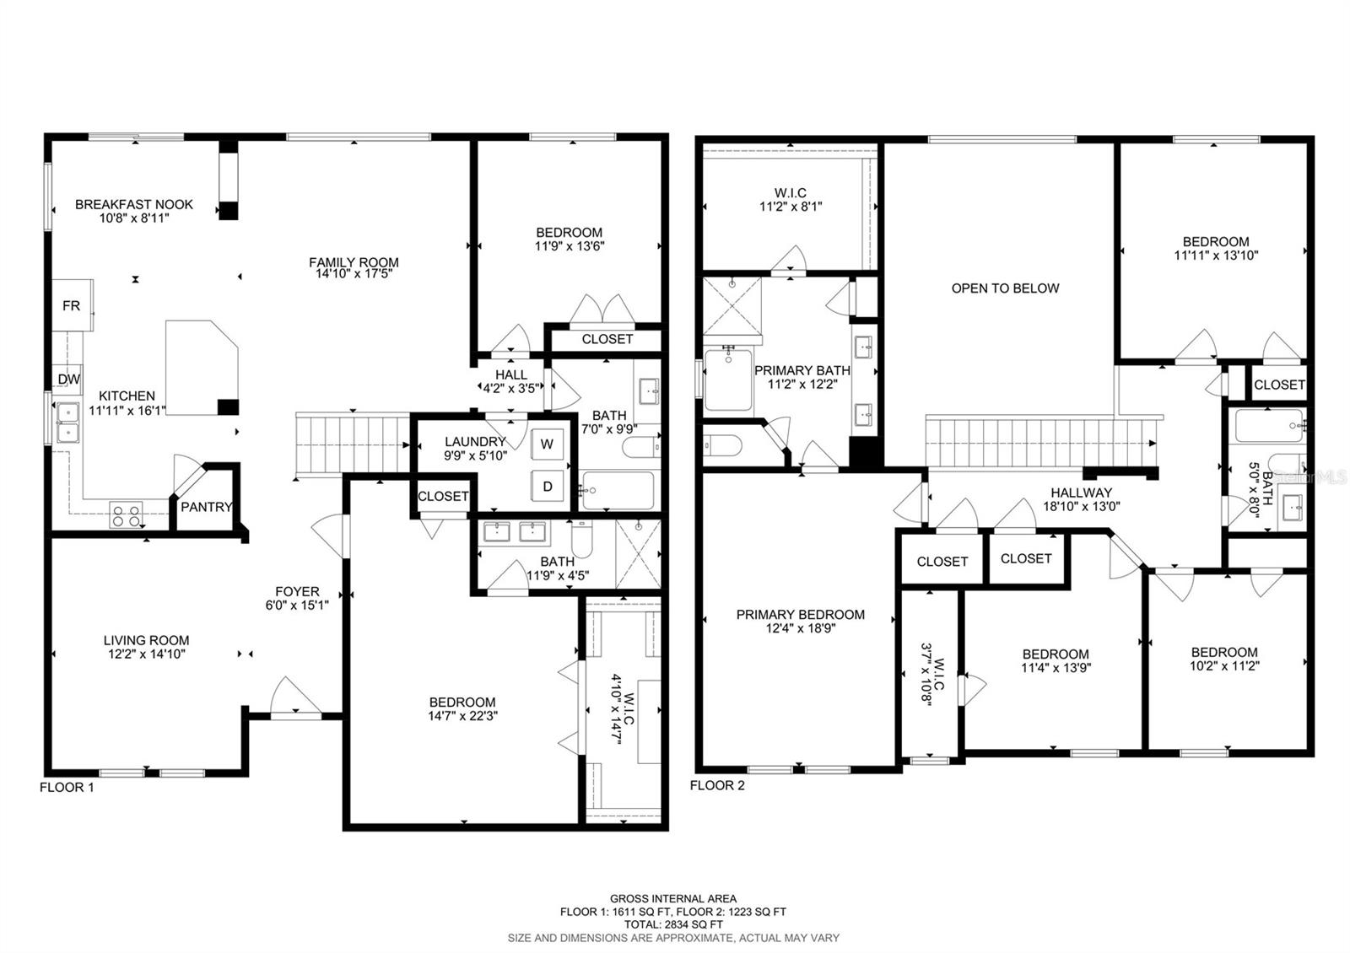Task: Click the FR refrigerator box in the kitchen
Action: (72, 305)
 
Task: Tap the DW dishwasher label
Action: (68, 379)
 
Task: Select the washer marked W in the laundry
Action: (548, 444)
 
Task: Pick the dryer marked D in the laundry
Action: (548, 486)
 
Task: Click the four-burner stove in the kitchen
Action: (127, 514)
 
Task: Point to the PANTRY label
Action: (206, 507)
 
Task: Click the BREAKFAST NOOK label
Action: (134, 204)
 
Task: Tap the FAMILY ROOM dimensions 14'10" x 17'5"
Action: (354, 274)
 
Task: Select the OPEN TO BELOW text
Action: (1005, 288)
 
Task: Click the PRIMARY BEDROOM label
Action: (801, 615)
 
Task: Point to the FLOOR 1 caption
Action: (67, 787)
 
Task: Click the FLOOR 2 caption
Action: (717, 785)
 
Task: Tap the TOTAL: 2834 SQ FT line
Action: (673, 924)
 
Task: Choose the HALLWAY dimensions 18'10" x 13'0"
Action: (1082, 506)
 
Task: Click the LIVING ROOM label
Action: (147, 640)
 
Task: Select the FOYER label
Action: (297, 591)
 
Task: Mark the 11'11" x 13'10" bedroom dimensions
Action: (1216, 255)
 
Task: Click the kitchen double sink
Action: (67, 423)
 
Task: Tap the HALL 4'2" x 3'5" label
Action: (511, 382)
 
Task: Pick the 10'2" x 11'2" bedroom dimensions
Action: (1224, 665)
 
